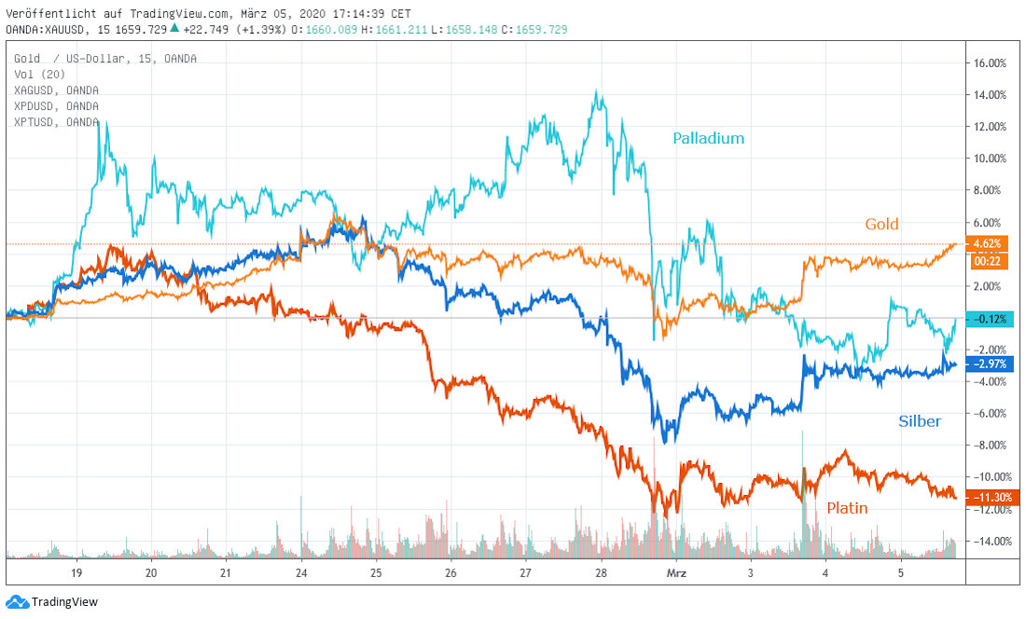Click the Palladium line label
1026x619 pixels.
pos(709,139)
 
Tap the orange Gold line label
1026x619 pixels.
pos(881,224)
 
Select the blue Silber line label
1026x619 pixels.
pos(920,421)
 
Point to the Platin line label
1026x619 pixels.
pos(847,508)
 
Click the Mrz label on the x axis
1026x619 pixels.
pos(676,573)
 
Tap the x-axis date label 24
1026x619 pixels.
pos(301,573)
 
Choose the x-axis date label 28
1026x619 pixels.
pos(601,573)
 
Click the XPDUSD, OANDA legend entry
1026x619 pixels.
pos(56,106)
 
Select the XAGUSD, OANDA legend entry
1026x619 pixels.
pos(56,90)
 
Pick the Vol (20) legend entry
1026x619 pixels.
pos(39,75)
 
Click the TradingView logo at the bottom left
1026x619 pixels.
pos(52,602)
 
